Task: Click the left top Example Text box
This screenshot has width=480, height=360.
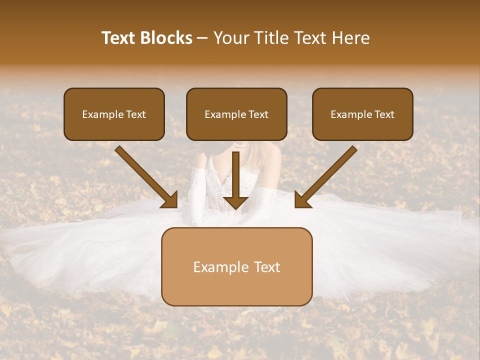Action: [114, 114]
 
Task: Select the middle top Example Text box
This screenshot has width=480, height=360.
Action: [236, 114]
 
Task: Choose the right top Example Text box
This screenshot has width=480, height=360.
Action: [362, 114]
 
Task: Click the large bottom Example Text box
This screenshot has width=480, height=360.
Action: [236, 266]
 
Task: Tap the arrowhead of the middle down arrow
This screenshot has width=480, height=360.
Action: [235, 202]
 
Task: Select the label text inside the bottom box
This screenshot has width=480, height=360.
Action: [236, 267]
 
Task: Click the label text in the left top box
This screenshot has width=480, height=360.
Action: [114, 114]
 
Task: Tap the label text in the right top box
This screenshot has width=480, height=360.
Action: [362, 114]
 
